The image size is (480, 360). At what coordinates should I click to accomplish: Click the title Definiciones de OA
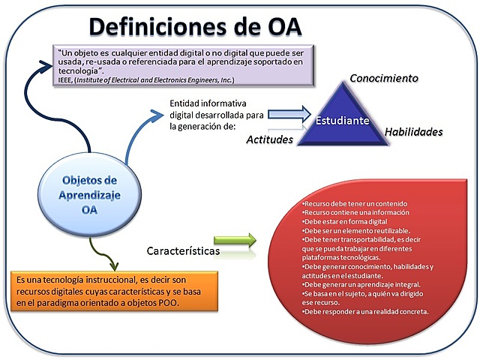(x=195, y=26)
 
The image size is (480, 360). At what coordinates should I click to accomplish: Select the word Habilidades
(x=413, y=132)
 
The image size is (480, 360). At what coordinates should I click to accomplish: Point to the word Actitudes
(x=269, y=140)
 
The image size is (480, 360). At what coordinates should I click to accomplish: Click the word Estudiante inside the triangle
(x=341, y=120)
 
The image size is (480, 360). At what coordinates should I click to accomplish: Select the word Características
(x=183, y=251)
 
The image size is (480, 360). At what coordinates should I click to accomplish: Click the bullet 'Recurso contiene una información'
(x=346, y=214)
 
